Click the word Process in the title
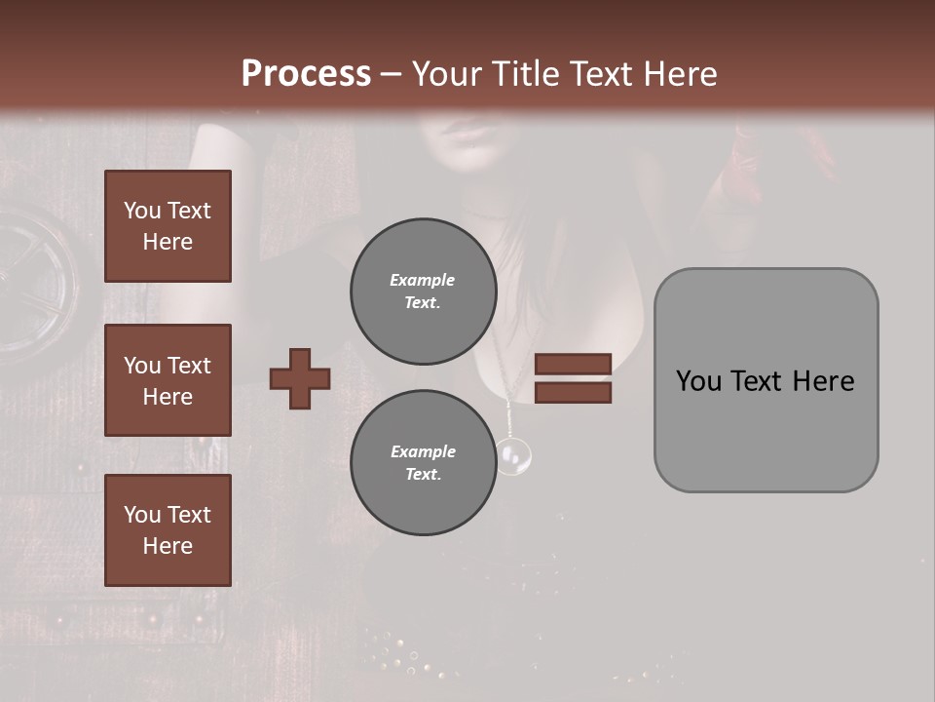306,74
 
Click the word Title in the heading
524,74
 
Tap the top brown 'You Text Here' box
168,226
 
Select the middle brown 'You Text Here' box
168,380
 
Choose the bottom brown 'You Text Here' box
168,530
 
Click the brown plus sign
300,378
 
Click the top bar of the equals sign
574,364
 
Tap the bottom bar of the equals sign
574,392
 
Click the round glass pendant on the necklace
513,455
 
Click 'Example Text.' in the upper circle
423,292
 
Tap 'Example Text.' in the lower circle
423,463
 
